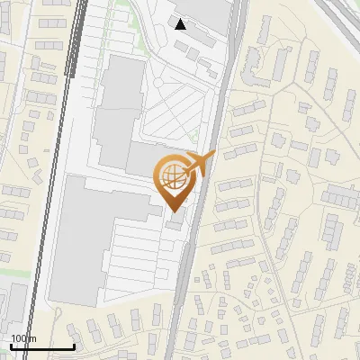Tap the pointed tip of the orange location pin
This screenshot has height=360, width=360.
click(x=173, y=211)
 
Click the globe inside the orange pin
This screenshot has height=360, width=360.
click(x=173, y=178)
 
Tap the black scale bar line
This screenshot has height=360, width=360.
click(x=42, y=346)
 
